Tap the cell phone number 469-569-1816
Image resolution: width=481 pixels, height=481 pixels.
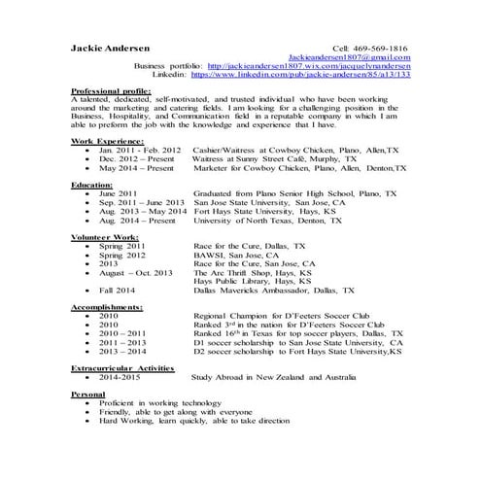[388, 47]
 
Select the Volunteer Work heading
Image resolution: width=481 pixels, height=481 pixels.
[104, 236]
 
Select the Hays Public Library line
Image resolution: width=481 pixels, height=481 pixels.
[254, 280]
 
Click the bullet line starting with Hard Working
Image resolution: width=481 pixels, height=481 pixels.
[194, 421]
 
